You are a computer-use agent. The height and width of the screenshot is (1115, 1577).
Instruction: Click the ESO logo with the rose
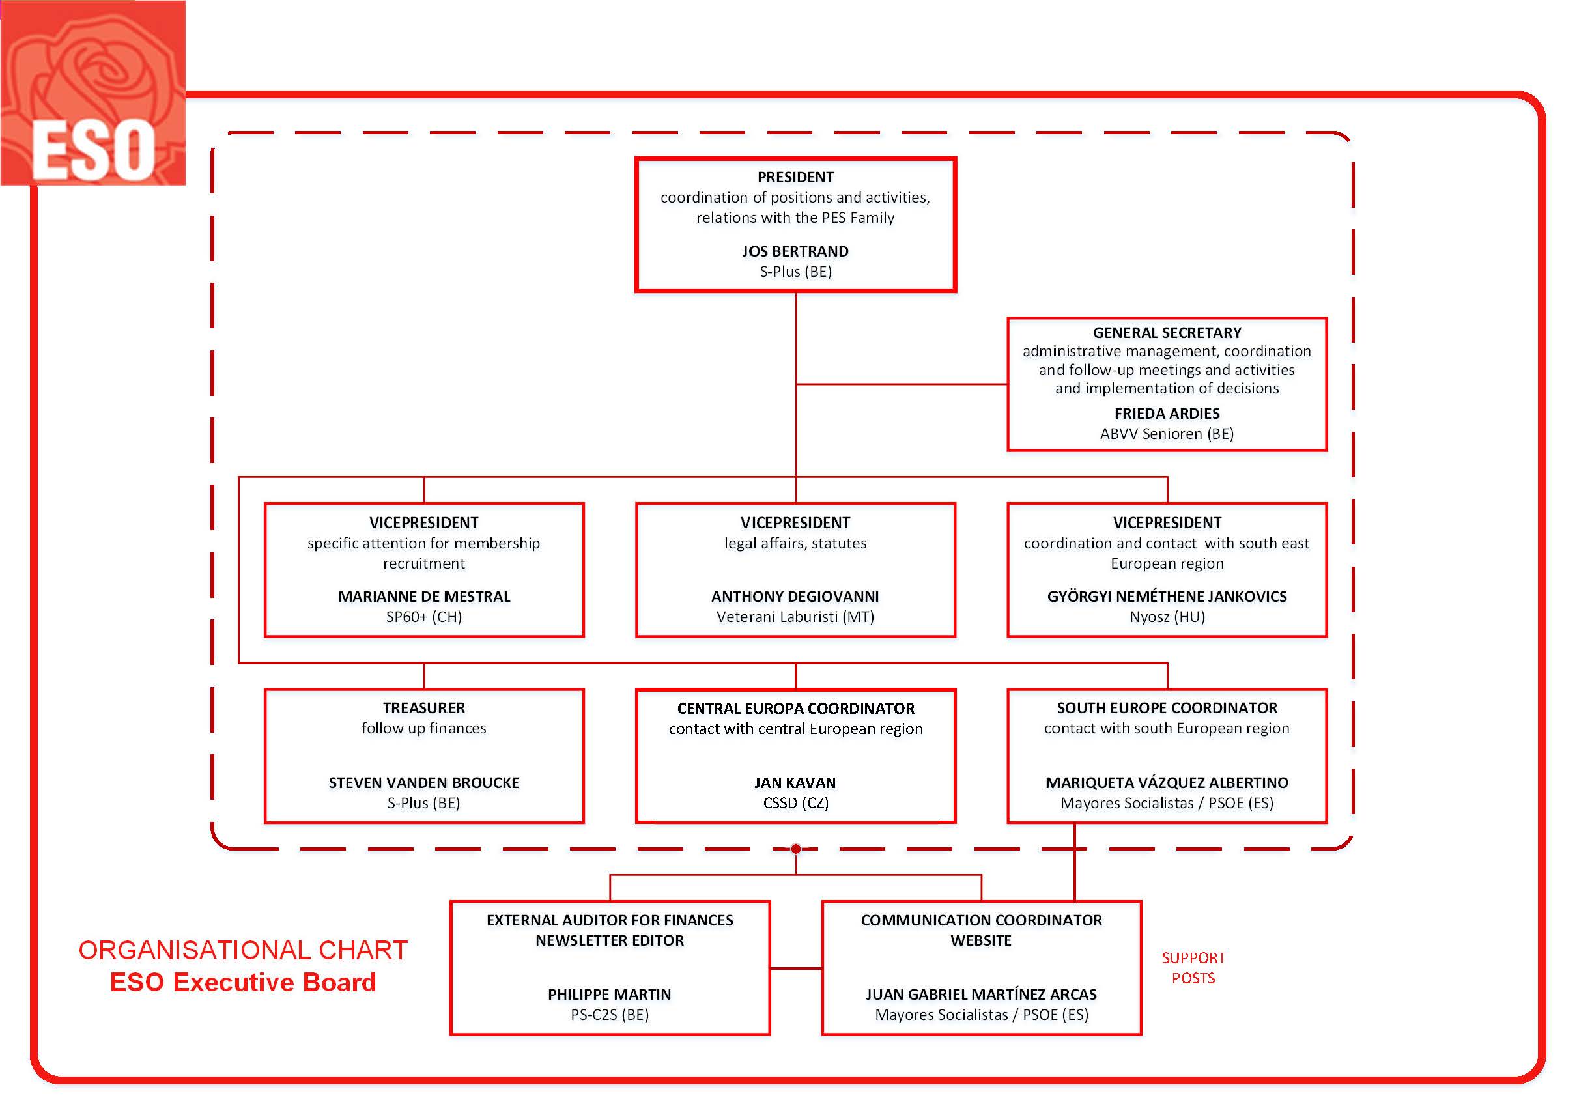(92, 92)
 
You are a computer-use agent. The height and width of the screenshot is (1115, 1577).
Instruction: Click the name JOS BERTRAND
(795, 251)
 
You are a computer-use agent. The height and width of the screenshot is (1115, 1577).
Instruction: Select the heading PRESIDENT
(795, 177)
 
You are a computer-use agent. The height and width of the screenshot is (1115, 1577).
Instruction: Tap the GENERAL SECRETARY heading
(1167, 333)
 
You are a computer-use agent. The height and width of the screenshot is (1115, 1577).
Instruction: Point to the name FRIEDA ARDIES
(1167, 414)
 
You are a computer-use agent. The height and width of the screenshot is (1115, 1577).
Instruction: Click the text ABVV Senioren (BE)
(1167, 434)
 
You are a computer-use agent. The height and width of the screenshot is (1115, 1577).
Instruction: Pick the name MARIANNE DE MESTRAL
(424, 597)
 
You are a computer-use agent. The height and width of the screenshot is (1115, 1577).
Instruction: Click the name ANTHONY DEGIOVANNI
(795, 597)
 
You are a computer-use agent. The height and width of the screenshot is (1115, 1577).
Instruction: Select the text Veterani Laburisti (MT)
(795, 617)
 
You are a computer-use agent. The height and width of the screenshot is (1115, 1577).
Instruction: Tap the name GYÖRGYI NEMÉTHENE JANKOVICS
(1167, 597)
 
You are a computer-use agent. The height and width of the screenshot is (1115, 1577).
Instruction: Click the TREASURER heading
(424, 708)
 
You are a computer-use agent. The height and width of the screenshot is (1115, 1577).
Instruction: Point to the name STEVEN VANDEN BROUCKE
(424, 783)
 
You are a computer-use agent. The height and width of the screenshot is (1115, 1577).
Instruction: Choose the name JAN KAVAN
(795, 783)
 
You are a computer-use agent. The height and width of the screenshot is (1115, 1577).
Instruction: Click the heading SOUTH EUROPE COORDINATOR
(1167, 708)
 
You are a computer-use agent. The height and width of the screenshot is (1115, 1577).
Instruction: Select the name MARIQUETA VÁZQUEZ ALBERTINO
(1167, 783)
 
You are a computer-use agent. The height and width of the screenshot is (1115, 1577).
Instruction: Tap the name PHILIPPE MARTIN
(609, 994)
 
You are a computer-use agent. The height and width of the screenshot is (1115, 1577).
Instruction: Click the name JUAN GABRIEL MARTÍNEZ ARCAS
(982, 994)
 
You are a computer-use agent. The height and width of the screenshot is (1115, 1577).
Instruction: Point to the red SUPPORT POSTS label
(1193, 968)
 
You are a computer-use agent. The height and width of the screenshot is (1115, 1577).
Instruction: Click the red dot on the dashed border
(796, 849)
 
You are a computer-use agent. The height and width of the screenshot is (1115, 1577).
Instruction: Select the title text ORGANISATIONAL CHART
(243, 950)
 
